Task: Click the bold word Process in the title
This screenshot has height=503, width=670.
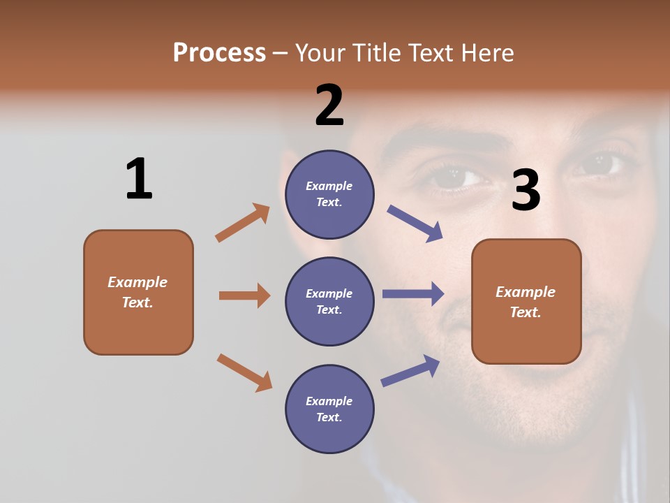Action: coord(219,52)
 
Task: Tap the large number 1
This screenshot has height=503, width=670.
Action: coord(139,179)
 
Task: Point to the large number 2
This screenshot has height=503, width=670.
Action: coord(329,105)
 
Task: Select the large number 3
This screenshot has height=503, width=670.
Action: coord(526,191)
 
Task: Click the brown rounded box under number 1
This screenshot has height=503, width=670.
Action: coord(138,292)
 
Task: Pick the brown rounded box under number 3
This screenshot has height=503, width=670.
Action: coord(526,301)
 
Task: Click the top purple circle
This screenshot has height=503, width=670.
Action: coord(329,194)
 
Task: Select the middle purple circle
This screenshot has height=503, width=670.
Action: coord(329,301)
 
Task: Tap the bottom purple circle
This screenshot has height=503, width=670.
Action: coord(329,409)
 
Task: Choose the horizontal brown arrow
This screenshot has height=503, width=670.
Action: coord(244,296)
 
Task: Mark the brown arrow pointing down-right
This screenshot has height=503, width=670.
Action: coord(244,372)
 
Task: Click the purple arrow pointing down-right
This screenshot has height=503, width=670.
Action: coord(415,224)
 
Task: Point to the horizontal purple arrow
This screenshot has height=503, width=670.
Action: coord(413,293)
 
